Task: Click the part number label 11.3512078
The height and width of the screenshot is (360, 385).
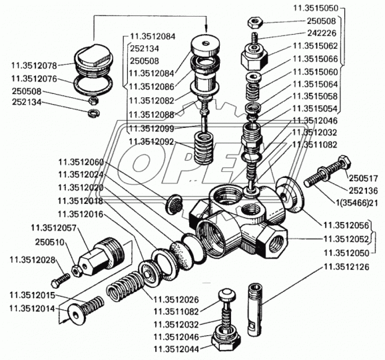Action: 34,65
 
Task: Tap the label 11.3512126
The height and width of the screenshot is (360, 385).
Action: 346,267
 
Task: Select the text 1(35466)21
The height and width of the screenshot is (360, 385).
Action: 356,203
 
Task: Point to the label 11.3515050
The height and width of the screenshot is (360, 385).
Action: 316,8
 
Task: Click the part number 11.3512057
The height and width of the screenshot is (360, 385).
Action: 53,228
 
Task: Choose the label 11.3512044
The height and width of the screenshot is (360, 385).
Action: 176,349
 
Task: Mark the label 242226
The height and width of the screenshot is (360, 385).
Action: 321,33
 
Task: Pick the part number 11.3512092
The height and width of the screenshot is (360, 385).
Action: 151,142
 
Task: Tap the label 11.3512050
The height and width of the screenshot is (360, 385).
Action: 346,253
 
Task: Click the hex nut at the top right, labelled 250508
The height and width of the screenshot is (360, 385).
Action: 255,23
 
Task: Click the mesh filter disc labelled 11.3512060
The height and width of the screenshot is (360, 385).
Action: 174,203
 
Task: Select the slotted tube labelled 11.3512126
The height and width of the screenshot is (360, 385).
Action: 255,310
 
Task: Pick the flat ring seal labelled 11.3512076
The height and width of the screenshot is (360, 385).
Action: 93,85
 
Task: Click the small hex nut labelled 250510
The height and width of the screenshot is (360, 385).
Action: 77,271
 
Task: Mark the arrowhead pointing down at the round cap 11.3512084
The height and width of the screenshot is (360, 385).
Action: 206,29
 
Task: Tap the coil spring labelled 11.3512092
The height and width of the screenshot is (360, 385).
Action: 204,148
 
